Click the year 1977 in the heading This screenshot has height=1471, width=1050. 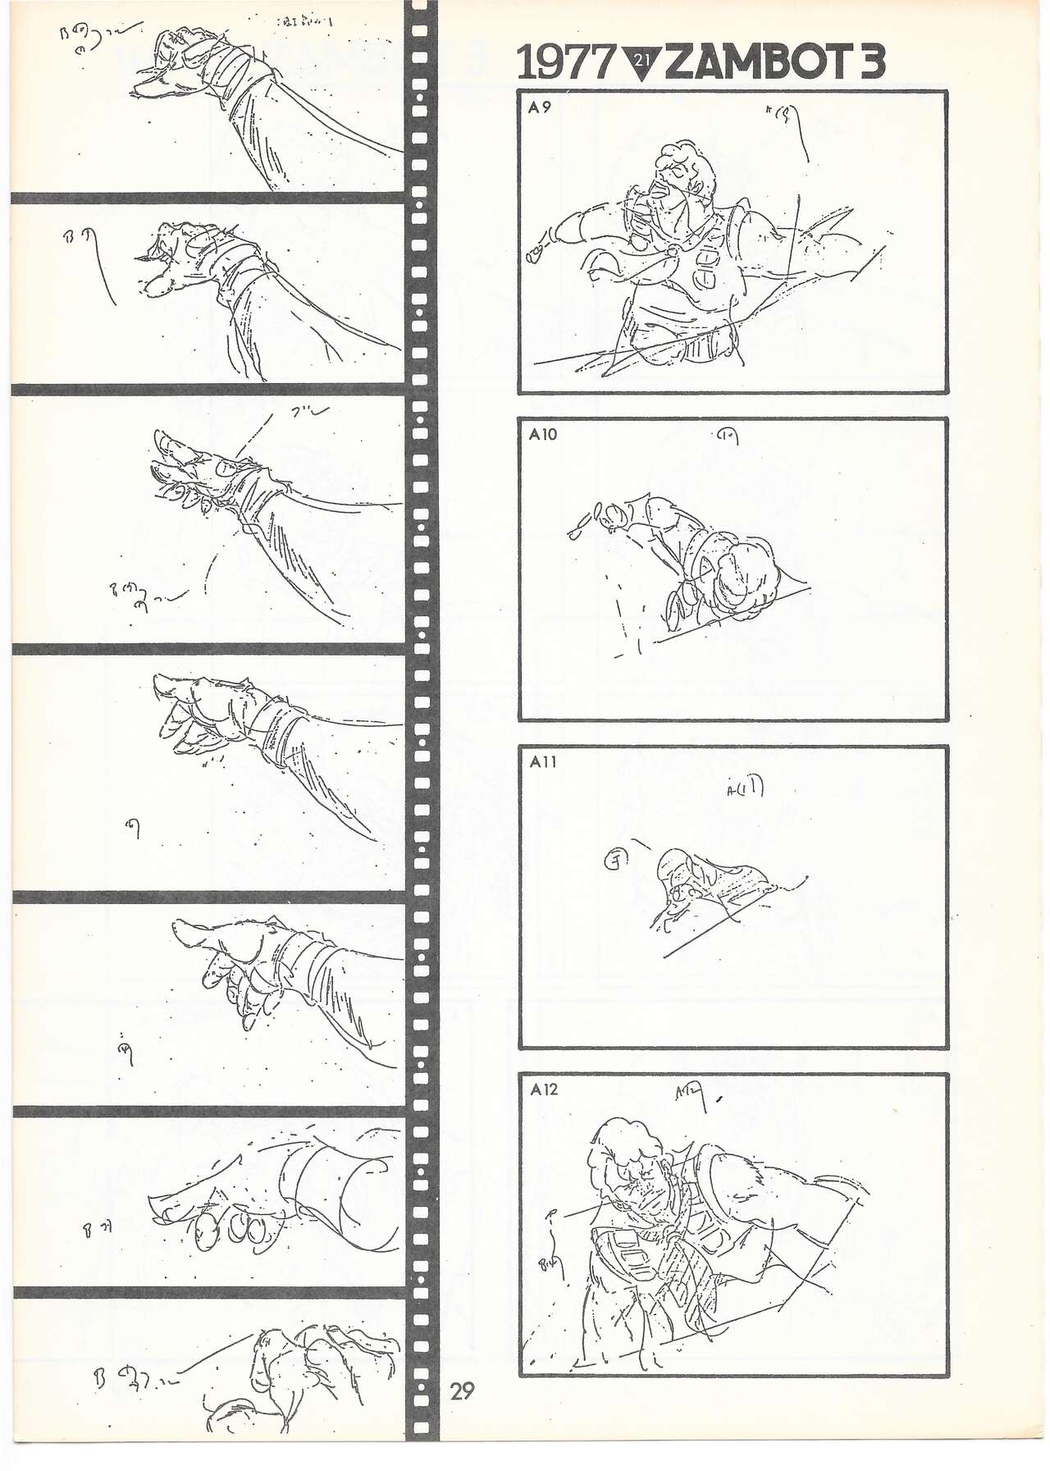point(566,63)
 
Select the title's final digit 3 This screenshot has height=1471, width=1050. point(870,63)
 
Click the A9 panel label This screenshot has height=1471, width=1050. point(539,107)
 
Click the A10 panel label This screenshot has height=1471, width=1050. point(542,434)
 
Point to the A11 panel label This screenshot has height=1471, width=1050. point(542,761)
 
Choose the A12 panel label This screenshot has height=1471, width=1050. point(543,1089)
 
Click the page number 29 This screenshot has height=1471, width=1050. point(462,1390)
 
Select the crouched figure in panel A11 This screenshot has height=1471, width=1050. point(697,886)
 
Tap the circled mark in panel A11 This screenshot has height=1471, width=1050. point(613,859)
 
